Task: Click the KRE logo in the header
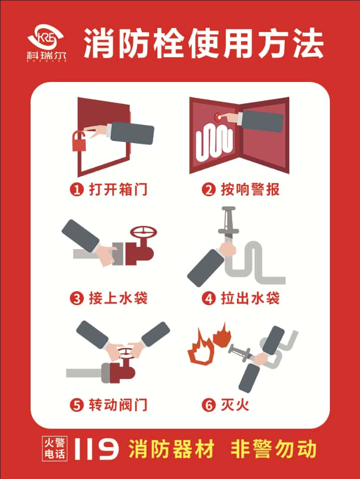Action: (x=46, y=42)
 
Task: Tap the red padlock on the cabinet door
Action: (x=79, y=141)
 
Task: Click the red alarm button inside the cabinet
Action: (x=219, y=117)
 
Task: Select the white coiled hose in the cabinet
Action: (x=214, y=143)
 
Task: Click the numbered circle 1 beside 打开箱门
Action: (x=76, y=190)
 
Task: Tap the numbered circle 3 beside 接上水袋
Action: (x=76, y=298)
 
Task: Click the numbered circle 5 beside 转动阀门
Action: (x=76, y=405)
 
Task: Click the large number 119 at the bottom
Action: (x=97, y=449)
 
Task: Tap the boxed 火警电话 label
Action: (x=55, y=448)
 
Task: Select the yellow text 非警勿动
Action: (x=273, y=449)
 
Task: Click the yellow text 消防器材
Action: (x=171, y=449)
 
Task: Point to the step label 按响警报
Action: (x=250, y=190)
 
